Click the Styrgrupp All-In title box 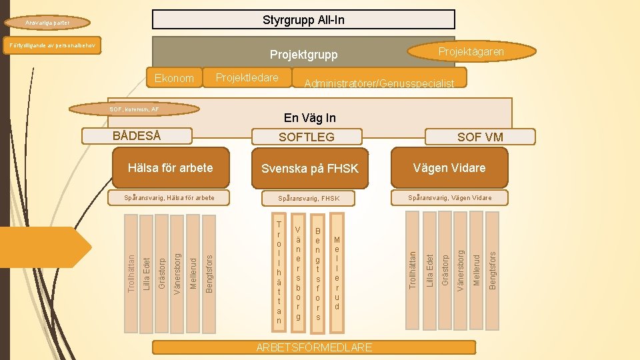(303, 19)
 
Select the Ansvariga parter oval (56, 23)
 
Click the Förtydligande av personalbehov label (51, 45)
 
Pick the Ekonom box (174, 78)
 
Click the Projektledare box (247, 78)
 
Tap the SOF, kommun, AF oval (135, 109)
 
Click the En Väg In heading (309, 118)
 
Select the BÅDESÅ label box (137, 135)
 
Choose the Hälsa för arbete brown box (170, 167)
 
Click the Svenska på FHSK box (309, 169)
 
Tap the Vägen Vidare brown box (449, 167)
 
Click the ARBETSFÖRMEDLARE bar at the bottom (314, 347)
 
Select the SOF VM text (480, 137)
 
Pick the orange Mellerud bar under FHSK (337, 273)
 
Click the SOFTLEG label (306, 137)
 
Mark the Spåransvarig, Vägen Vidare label (449, 197)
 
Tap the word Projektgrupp (303, 55)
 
